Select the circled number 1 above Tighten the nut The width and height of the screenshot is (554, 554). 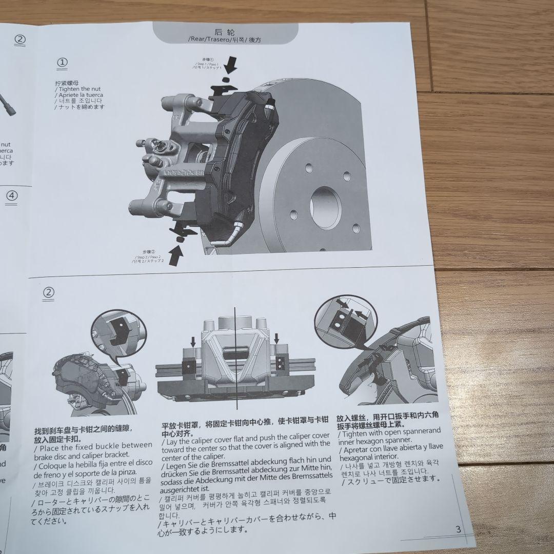click(x=62, y=63)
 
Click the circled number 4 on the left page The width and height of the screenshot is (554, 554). click(x=12, y=195)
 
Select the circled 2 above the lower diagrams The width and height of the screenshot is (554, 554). click(x=48, y=292)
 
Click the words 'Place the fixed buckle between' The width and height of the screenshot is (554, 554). click(x=93, y=445)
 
